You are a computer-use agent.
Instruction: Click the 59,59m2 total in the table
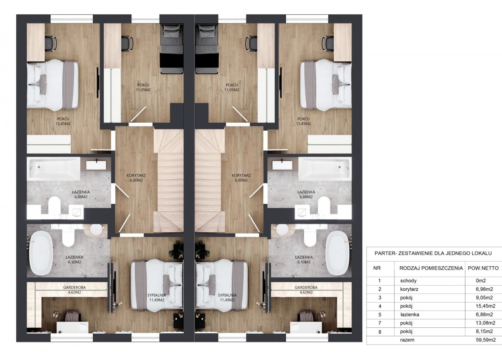point(486,340)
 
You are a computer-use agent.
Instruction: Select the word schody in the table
point(408,280)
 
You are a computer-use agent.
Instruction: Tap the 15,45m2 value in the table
point(485,306)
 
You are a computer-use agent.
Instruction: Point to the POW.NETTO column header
point(483,268)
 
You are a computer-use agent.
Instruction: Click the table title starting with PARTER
point(433,253)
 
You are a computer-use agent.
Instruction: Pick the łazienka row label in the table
point(410,314)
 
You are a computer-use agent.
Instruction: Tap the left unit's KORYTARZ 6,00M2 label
point(136,178)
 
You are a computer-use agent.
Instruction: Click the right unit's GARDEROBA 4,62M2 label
point(306,290)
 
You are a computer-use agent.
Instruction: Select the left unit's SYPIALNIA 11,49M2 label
point(156,298)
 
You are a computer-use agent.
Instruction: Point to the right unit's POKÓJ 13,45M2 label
point(303,121)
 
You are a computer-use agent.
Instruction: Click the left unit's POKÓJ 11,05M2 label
point(143,87)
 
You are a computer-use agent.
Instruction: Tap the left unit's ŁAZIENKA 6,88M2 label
point(81,195)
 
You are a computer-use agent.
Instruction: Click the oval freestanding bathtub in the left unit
point(41,253)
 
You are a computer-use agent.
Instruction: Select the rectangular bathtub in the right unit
point(325,169)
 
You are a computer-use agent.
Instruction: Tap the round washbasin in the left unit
point(97,229)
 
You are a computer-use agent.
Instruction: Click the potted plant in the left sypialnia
point(177,249)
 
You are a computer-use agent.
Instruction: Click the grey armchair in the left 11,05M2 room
point(172,49)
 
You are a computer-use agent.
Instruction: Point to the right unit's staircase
point(210,181)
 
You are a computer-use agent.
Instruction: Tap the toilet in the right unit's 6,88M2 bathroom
point(323,205)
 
